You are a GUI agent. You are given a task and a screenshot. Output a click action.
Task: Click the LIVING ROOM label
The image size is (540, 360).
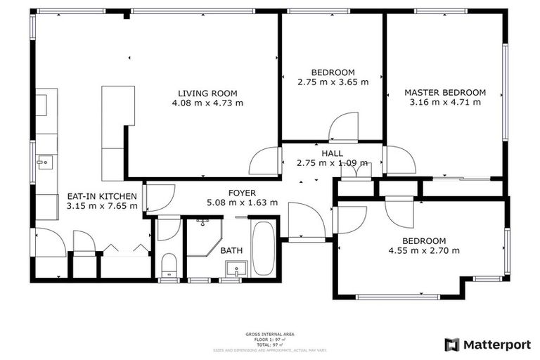(207, 93)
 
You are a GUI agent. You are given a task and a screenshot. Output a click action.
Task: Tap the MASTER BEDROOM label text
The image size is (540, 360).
(444, 92)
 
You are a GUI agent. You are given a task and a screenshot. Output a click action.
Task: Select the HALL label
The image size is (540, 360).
(332, 153)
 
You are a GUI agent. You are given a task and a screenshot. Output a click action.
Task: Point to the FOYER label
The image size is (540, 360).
(242, 193)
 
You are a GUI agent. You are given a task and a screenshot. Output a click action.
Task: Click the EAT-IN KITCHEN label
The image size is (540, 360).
(101, 196)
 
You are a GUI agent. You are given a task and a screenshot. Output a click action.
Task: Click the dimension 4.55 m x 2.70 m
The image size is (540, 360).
(424, 250)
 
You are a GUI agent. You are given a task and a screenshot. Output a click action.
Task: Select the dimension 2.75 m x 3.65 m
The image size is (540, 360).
(333, 82)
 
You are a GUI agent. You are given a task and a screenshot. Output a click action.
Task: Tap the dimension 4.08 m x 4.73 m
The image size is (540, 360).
(207, 103)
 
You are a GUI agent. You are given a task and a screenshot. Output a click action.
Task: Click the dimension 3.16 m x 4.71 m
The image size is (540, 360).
(444, 102)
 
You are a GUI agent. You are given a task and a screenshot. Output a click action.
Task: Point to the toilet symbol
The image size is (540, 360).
(169, 265)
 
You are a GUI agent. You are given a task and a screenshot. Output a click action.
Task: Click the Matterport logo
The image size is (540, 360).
(484, 345)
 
